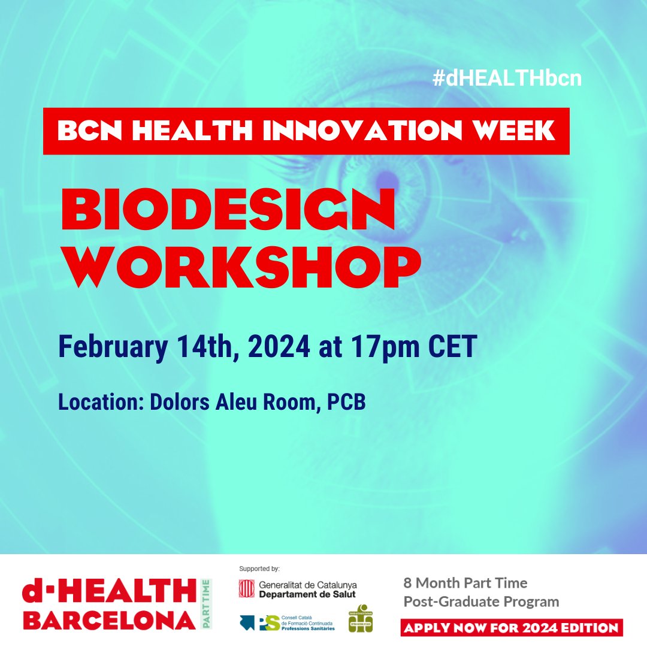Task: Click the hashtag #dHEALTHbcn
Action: [x=507, y=78]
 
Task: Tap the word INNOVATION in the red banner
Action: [x=367, y=131]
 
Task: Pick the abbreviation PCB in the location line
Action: [x=346, y=403]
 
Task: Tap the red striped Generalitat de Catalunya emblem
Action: [x=246, y=588]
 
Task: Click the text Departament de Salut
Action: [x=307, y=594]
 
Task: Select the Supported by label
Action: [x=259, y=569]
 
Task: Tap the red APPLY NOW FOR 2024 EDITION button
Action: [x=512, y=628]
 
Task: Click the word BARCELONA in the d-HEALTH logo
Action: [x=108, y=620]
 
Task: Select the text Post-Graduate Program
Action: [x=481, y=601]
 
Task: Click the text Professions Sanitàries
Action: [x=307, y=627]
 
